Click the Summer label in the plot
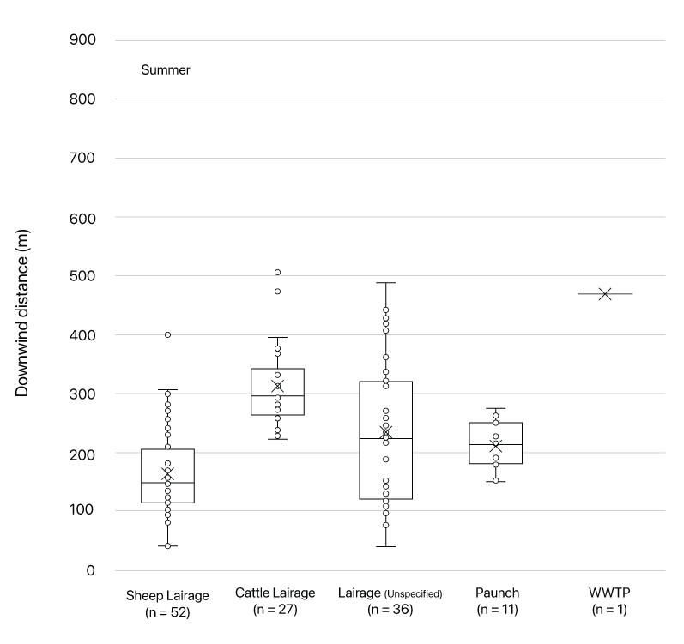coord(165,70)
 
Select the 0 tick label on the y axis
coord(89,570)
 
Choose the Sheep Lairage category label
coord(167,594)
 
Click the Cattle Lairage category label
coord(275,593)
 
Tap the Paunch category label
coord(497,593)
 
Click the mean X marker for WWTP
coord(605,294)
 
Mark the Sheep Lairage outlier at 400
coord(167,334)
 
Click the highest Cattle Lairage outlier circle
coord(277,273)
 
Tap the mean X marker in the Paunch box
coord(495,446)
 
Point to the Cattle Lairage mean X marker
coord(277,387)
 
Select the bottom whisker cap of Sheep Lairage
coord(167,546)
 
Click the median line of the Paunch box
coord(495,445)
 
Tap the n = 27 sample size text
coord(275,610)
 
